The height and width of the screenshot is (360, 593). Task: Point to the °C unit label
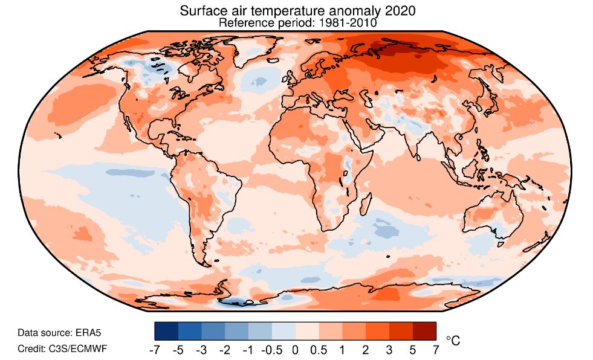[x=453, y=341]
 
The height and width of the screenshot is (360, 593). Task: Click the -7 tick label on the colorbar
[x=154, y=350]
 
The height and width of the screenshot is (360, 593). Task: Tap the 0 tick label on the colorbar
[x=295, y=350]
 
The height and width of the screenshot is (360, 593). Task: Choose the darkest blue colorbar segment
[x=166, y=331]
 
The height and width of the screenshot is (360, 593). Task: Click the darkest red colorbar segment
[x=424, y=331]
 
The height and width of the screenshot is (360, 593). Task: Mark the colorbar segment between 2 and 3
[x=377, y=331]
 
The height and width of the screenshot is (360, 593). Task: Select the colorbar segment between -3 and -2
[x=213, y=331]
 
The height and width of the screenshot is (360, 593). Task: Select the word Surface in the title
[x=199, y=11]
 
